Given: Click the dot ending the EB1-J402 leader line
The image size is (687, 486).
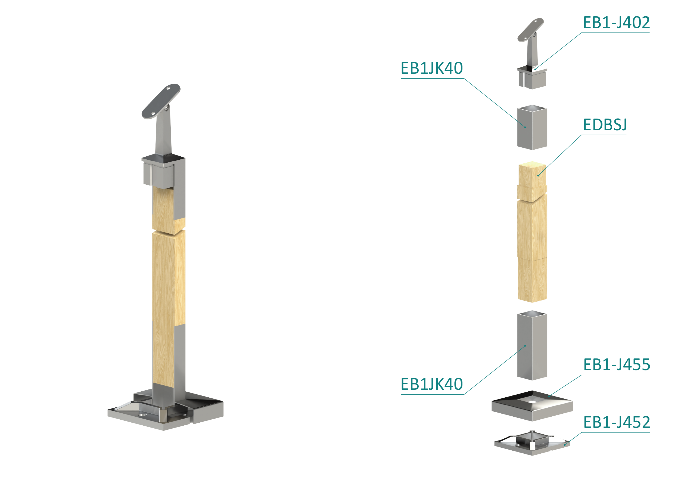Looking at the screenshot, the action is [535, 69].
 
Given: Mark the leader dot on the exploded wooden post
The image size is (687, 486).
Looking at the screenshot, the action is [538, 176].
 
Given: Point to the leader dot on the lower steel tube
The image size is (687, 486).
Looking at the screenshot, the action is [525, 346].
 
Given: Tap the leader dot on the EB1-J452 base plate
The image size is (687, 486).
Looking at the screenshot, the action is [565, 445].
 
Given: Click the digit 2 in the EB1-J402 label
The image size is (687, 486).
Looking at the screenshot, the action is [645, 23].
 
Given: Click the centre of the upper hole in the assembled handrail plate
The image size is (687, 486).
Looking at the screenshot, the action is [169, 89].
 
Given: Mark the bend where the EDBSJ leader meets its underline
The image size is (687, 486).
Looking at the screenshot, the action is [581, 135].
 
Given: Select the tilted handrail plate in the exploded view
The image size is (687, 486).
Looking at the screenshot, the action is [530, 30].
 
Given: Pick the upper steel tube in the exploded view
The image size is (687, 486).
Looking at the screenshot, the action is [532, 127].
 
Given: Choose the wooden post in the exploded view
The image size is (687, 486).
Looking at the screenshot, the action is [532, 232].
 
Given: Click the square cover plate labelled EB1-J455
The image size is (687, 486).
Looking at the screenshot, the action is [532, 405].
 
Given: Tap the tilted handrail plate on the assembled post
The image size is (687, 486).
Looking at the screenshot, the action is [161, 101].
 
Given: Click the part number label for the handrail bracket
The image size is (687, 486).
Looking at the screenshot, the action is [616, 23].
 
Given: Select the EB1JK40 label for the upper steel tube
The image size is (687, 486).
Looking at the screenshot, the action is [432, 68].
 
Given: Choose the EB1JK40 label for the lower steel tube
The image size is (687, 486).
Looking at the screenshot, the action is [432, 384].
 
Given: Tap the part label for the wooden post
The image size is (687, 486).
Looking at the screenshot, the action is [605, 125].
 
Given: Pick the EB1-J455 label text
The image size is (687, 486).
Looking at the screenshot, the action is [617, 365].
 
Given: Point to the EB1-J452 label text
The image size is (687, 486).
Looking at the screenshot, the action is [617, 422].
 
